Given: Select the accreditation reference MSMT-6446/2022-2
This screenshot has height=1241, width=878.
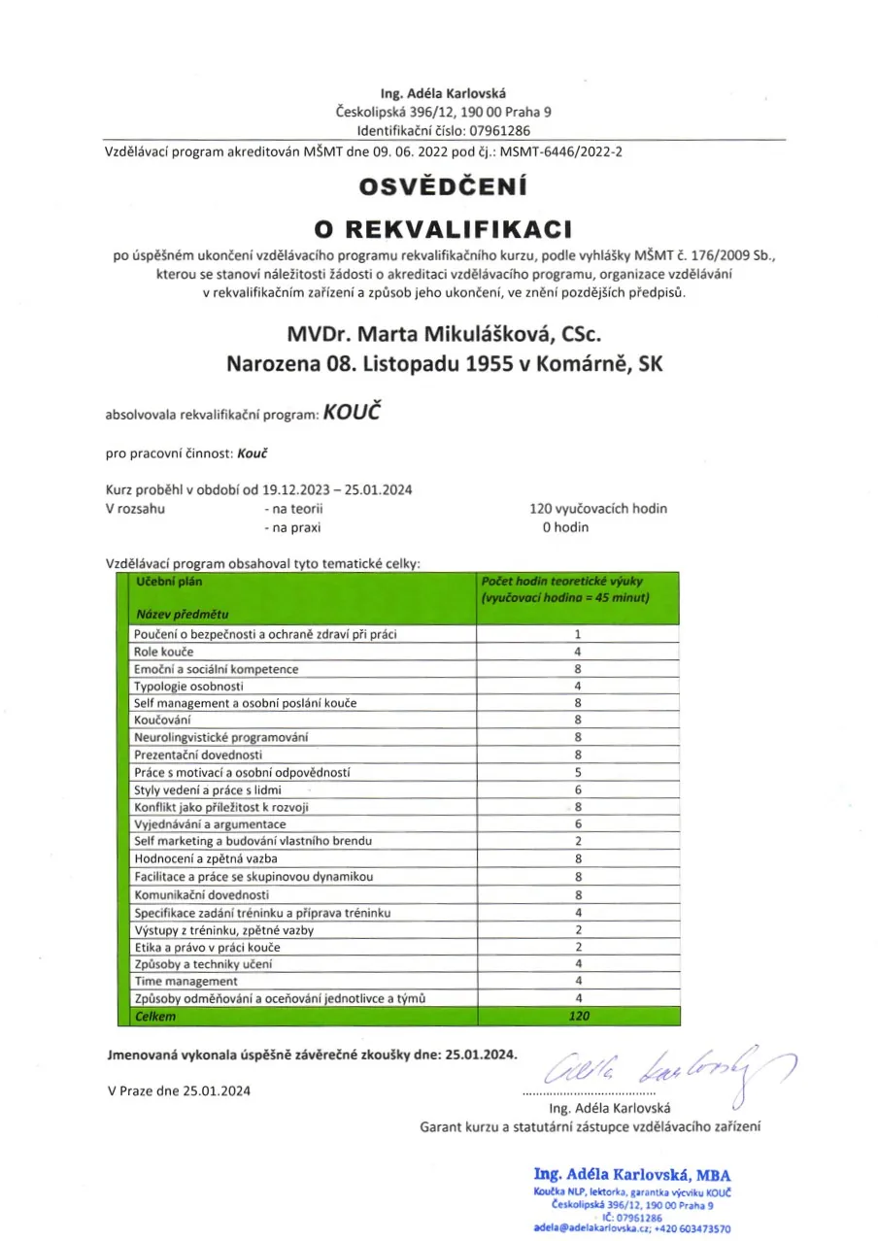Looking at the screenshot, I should [560, 151].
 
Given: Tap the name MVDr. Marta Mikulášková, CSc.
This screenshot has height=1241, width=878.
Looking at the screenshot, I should [445, 335].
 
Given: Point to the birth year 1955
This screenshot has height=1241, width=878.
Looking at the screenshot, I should [489, 364].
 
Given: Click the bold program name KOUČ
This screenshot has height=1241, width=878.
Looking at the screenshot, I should [350, 413].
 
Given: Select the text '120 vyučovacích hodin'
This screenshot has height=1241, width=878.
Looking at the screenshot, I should [598, 508].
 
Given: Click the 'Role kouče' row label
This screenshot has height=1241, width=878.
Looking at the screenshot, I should [164, 652].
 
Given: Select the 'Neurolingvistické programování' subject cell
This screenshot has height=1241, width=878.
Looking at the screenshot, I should [220, 738].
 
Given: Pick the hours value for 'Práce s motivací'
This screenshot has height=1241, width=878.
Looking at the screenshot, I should [578, 773].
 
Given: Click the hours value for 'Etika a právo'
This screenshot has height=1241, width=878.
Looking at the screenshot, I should [578, 947].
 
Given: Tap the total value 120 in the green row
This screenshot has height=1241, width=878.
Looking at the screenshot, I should [578, 1017].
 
